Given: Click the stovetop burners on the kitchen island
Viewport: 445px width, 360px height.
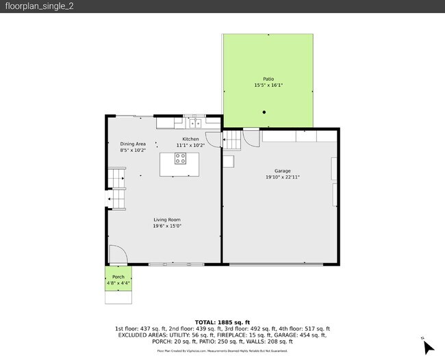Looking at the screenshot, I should (x=180, y=159).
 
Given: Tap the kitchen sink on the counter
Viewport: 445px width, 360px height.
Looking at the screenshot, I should (x=195, y=123).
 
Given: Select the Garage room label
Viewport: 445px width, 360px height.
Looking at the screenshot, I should (x=283, y=170).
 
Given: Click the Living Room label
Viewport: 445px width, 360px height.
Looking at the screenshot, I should (x=166, y=220).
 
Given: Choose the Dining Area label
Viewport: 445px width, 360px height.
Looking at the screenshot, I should (x=133, y=144).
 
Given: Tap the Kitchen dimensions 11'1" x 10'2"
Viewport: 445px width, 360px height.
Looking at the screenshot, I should (x=191, y=145).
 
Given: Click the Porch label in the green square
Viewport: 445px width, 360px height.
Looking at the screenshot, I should (x=118, y=277).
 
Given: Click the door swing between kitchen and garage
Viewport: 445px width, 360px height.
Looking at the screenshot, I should (x=215, y=139).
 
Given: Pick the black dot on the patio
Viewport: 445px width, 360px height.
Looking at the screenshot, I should (x=264, y=112).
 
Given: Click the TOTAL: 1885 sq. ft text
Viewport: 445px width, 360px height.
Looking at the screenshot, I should (x=222, y=322).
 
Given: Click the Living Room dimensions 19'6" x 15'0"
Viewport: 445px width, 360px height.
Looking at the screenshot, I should (x=166, y=227).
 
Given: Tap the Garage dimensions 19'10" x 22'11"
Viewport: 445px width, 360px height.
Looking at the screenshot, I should (x=283, y=177).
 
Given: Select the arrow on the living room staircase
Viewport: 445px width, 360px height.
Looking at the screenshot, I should (x=110, y=199).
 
